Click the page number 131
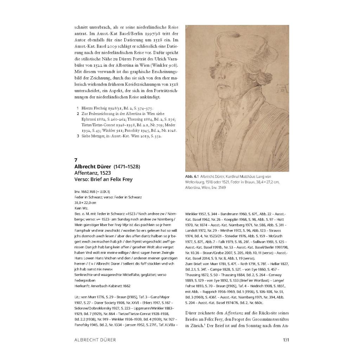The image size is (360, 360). pos(285,340)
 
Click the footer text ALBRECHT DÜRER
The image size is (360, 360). pos(95,340)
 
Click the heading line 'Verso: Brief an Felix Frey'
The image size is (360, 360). pos(103,179)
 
